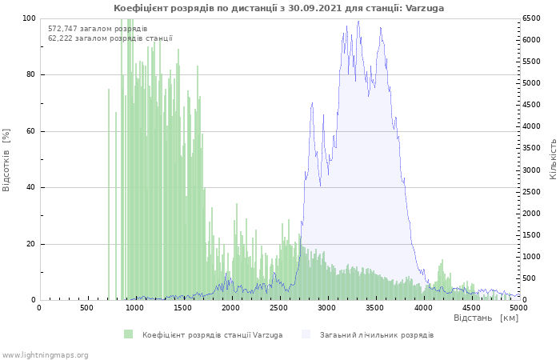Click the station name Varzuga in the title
point(424,8)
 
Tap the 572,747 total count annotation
point(98,29)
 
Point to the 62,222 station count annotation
point(110,38)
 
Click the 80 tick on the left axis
point(30,74)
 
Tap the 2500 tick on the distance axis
point(278,308)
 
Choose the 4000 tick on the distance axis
point(422,308)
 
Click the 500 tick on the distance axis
point(86,308)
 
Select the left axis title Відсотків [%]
point(6,160)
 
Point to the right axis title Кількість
point(553,159)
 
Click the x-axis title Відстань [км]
point(486,318)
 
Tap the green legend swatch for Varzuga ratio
point(128,334)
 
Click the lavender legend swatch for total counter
point(306,334)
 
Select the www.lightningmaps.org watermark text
point(45,355)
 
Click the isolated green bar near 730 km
point(109,194)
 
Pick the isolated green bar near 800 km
point(116,206)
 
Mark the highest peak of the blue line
point(358,21)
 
